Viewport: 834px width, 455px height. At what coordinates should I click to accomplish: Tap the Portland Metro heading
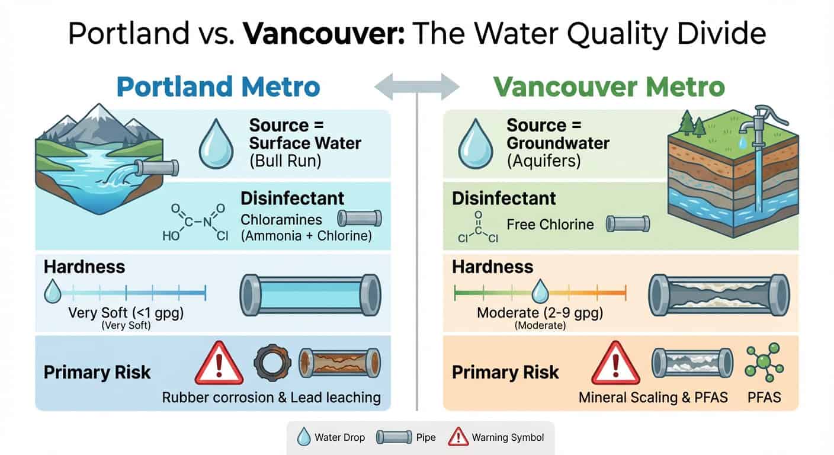pyautogui.click(x=218, y=86)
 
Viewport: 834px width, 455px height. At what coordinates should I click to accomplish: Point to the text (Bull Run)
pyautogui.click(x=286, y=161)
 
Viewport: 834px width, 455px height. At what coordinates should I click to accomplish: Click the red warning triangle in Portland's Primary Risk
pyautogui.click(x=219, y=364)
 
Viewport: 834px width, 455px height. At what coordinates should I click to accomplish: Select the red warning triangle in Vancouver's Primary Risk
pyautogui.click(x=616, y=364)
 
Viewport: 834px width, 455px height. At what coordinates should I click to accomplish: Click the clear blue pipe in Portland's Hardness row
pyautogui.click(x=310, y=294)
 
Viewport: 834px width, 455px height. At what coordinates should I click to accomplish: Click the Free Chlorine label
pyautogui.click(x=550, y=224)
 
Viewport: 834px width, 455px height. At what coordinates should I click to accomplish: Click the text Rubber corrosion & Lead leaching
pyautogui.click(x=271, y=396)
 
